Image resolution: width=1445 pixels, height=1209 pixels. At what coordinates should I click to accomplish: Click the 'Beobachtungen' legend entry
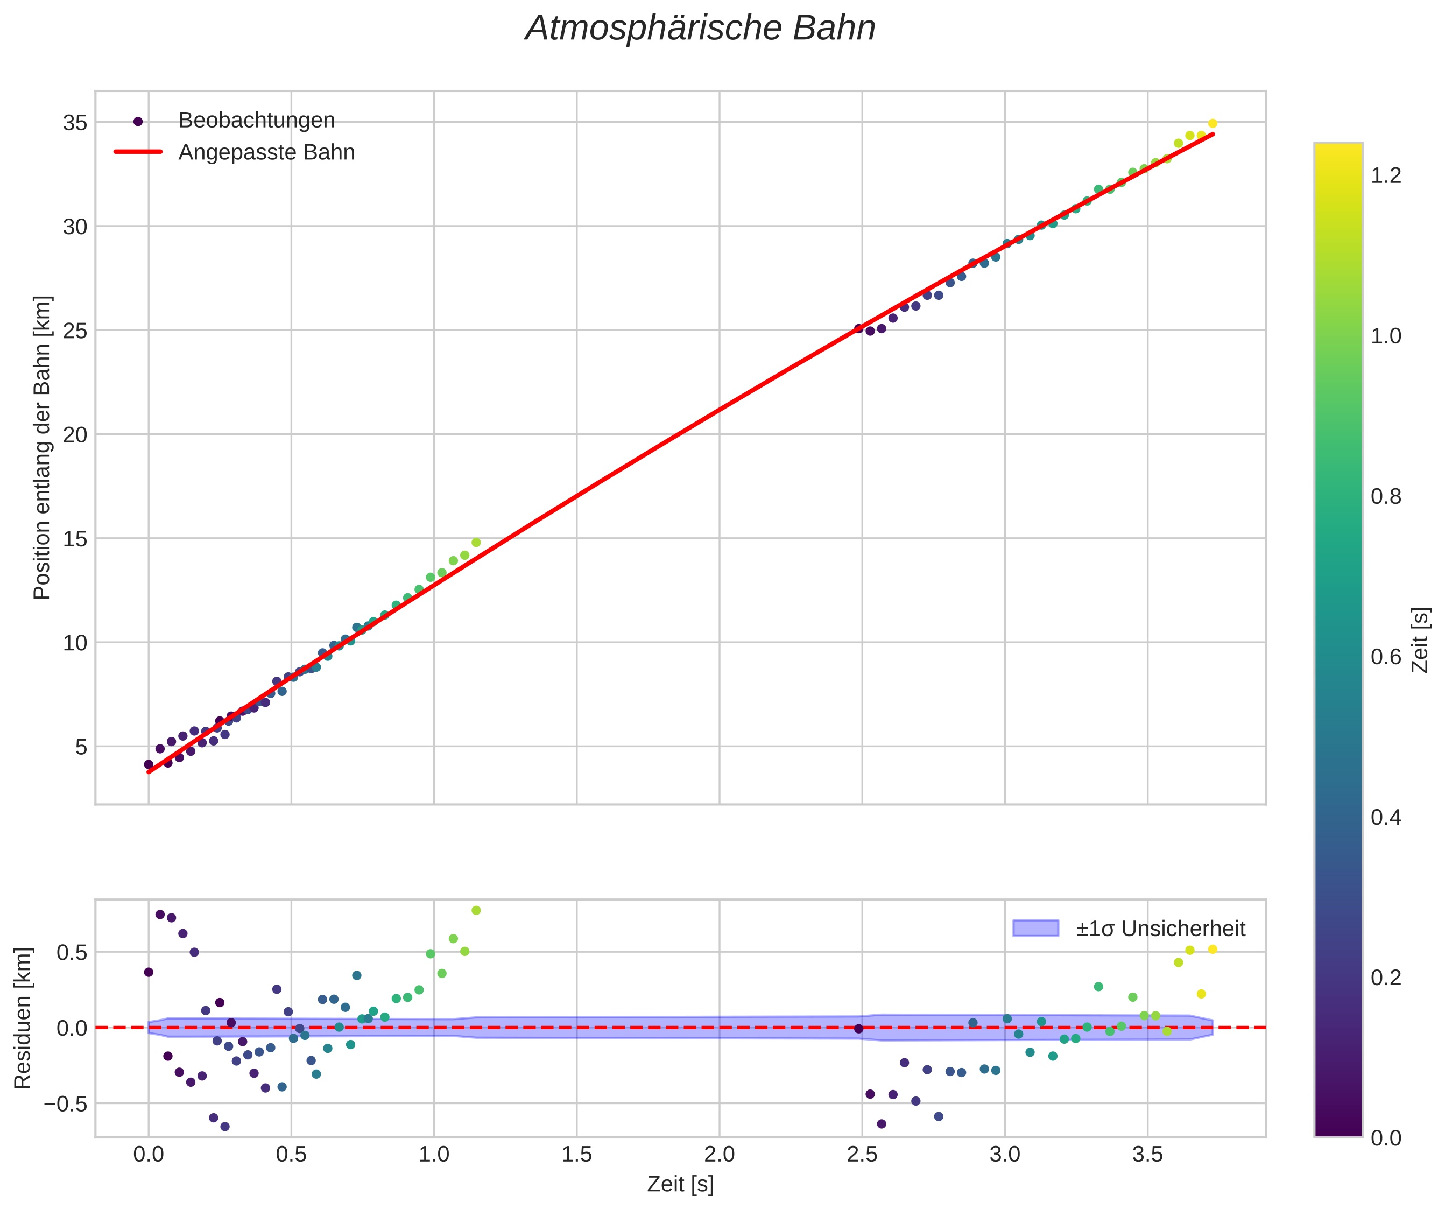point(256,121)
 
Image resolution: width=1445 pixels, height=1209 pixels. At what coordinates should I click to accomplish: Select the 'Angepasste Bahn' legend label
point(266,152)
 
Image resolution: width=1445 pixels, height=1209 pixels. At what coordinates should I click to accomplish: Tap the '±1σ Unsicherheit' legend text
point(1160,929)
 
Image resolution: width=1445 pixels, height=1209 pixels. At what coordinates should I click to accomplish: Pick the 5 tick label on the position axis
point(81,747)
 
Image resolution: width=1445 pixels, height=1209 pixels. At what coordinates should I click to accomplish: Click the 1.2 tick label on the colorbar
point(1386,175)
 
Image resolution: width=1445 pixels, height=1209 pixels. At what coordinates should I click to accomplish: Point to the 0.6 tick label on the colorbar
point(1386,657)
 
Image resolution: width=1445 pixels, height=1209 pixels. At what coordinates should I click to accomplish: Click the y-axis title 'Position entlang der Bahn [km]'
point(42,447)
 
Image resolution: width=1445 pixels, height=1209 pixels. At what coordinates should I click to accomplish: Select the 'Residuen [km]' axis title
point(23,1019)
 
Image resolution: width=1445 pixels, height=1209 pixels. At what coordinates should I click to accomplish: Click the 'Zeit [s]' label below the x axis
point(680,1185)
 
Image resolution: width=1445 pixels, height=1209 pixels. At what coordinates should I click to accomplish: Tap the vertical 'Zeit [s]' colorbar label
point(1420,640)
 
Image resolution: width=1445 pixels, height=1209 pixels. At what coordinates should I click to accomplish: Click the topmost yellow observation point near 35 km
point(1213,124)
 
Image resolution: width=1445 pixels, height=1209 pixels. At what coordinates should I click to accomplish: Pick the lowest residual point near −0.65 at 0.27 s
point(225,1127)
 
